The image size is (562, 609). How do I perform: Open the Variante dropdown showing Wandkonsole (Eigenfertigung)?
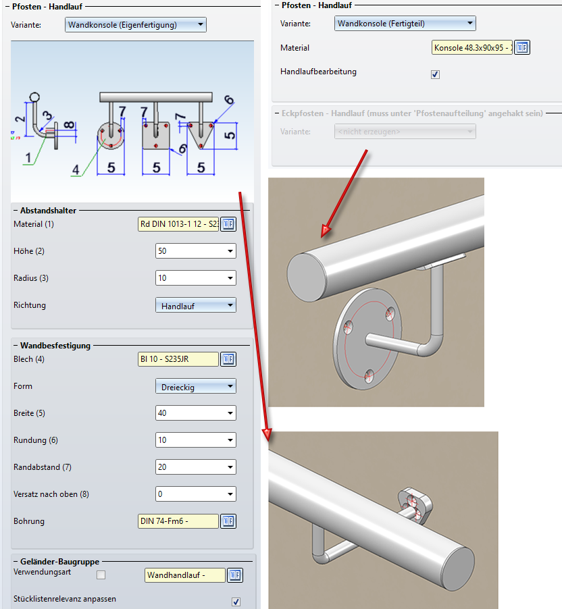pos(135,25)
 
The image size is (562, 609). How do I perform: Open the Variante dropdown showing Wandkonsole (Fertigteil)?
pos(405,24)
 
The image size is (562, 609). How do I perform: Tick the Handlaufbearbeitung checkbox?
pos(435,74)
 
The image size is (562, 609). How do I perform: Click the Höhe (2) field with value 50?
pos(195,251)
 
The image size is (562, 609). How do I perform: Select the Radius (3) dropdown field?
pos(195,278)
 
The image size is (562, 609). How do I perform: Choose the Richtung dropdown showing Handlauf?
pos(195,305)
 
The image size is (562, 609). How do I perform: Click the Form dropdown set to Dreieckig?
pos(195,386)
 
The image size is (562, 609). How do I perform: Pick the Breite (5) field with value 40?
pos(195,413)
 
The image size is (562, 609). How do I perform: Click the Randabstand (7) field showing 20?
pos(195,467)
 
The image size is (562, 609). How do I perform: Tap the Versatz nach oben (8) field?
pos(195,494)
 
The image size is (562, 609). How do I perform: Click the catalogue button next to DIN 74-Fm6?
pos(228,521)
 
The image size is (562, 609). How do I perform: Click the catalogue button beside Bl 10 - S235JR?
pos(228,359)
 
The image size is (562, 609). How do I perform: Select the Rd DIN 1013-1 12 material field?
pos(178,224)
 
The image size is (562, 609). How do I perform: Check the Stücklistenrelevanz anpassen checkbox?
pos(236,602)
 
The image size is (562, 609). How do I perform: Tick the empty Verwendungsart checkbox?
pos(101,575)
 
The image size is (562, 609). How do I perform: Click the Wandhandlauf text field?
pos(185,575)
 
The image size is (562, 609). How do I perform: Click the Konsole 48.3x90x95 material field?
pos(472,48)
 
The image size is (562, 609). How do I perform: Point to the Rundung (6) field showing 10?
pos(195,440)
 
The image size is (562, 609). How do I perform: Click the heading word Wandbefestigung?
pos(55,346)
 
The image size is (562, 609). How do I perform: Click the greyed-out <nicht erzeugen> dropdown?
pos(405,131)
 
